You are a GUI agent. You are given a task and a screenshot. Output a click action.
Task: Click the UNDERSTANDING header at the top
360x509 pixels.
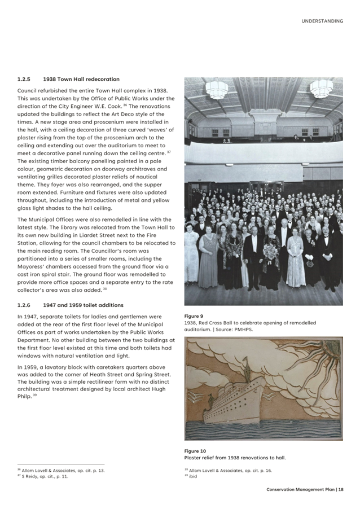coord(322,21)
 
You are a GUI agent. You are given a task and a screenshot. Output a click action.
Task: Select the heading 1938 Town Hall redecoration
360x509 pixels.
coord(81,79)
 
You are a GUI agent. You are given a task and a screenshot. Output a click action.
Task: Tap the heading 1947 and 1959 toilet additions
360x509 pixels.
coord(83,305)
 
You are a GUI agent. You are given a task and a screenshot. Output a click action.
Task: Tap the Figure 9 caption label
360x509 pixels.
coord(194,316)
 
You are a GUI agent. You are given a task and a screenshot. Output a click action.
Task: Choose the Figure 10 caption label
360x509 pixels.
coord(195,451)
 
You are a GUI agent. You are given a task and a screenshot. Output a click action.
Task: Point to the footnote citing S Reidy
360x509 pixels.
coord(45,476)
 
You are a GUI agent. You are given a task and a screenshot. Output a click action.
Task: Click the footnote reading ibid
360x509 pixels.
coord(193,476)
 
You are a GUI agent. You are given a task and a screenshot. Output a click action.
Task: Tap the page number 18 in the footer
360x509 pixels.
coord(341,490)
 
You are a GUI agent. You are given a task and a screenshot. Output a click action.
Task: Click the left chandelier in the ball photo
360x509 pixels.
coord(217,89)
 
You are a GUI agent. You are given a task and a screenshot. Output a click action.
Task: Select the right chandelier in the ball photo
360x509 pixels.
coord(321,89)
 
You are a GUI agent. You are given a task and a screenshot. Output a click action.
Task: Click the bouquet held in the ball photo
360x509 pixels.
coord(270,251)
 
